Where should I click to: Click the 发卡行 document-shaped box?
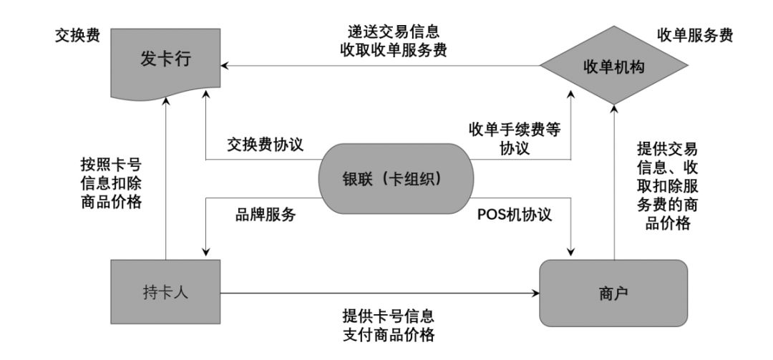(165, 67)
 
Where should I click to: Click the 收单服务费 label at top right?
(694, 36)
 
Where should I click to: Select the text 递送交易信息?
(389, 31)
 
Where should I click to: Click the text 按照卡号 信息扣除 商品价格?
(111, 183)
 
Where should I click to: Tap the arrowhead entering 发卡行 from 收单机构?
(226, 67)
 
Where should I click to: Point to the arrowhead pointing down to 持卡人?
(206, 250)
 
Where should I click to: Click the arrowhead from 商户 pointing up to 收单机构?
(613, 107)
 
